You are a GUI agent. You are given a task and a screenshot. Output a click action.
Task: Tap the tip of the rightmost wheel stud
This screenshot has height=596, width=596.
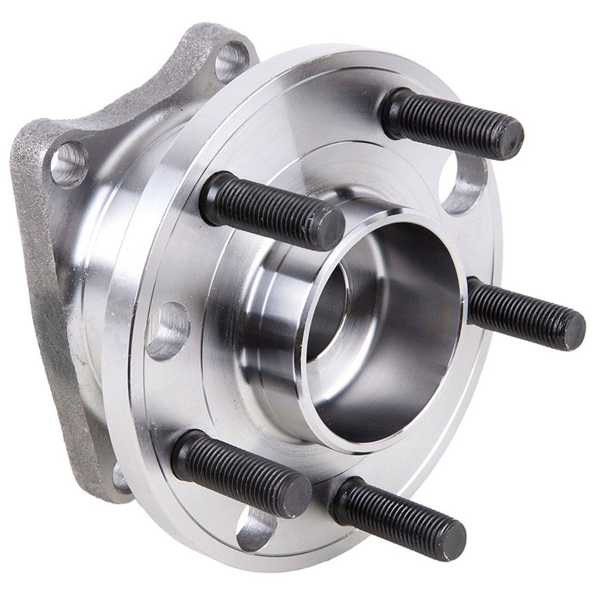pos(574,330)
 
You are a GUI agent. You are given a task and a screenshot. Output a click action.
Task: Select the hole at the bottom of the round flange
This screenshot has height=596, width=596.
pos(256,528)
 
